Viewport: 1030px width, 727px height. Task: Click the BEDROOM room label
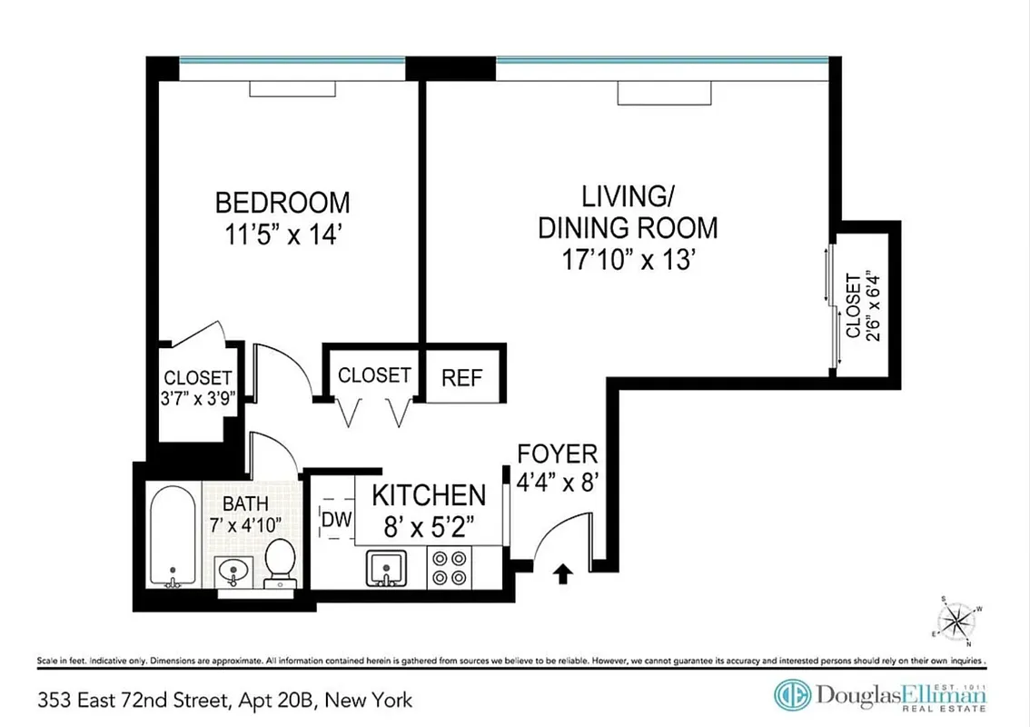tap(282, 201)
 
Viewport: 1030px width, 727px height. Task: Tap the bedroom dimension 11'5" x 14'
tap(282, 234)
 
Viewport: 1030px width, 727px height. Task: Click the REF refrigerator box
tap(461, 376)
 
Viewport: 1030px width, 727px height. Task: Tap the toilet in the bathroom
tap(279, 563)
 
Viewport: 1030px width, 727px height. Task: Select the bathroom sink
tap(233, 571)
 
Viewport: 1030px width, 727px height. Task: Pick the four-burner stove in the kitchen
tap(448, 568)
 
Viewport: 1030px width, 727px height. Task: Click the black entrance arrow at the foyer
tap(563, 573)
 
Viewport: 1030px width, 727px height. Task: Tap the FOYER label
tap(558, 454)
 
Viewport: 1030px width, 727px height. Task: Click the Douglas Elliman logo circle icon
tap(792, 695)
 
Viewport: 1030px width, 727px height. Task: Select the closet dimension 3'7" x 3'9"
tap(198, 396)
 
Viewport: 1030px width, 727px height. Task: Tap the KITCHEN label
tap(430, 495)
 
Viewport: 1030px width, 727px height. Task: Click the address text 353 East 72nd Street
tap(136, 700)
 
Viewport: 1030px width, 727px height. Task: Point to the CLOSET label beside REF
tap(374, 375)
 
